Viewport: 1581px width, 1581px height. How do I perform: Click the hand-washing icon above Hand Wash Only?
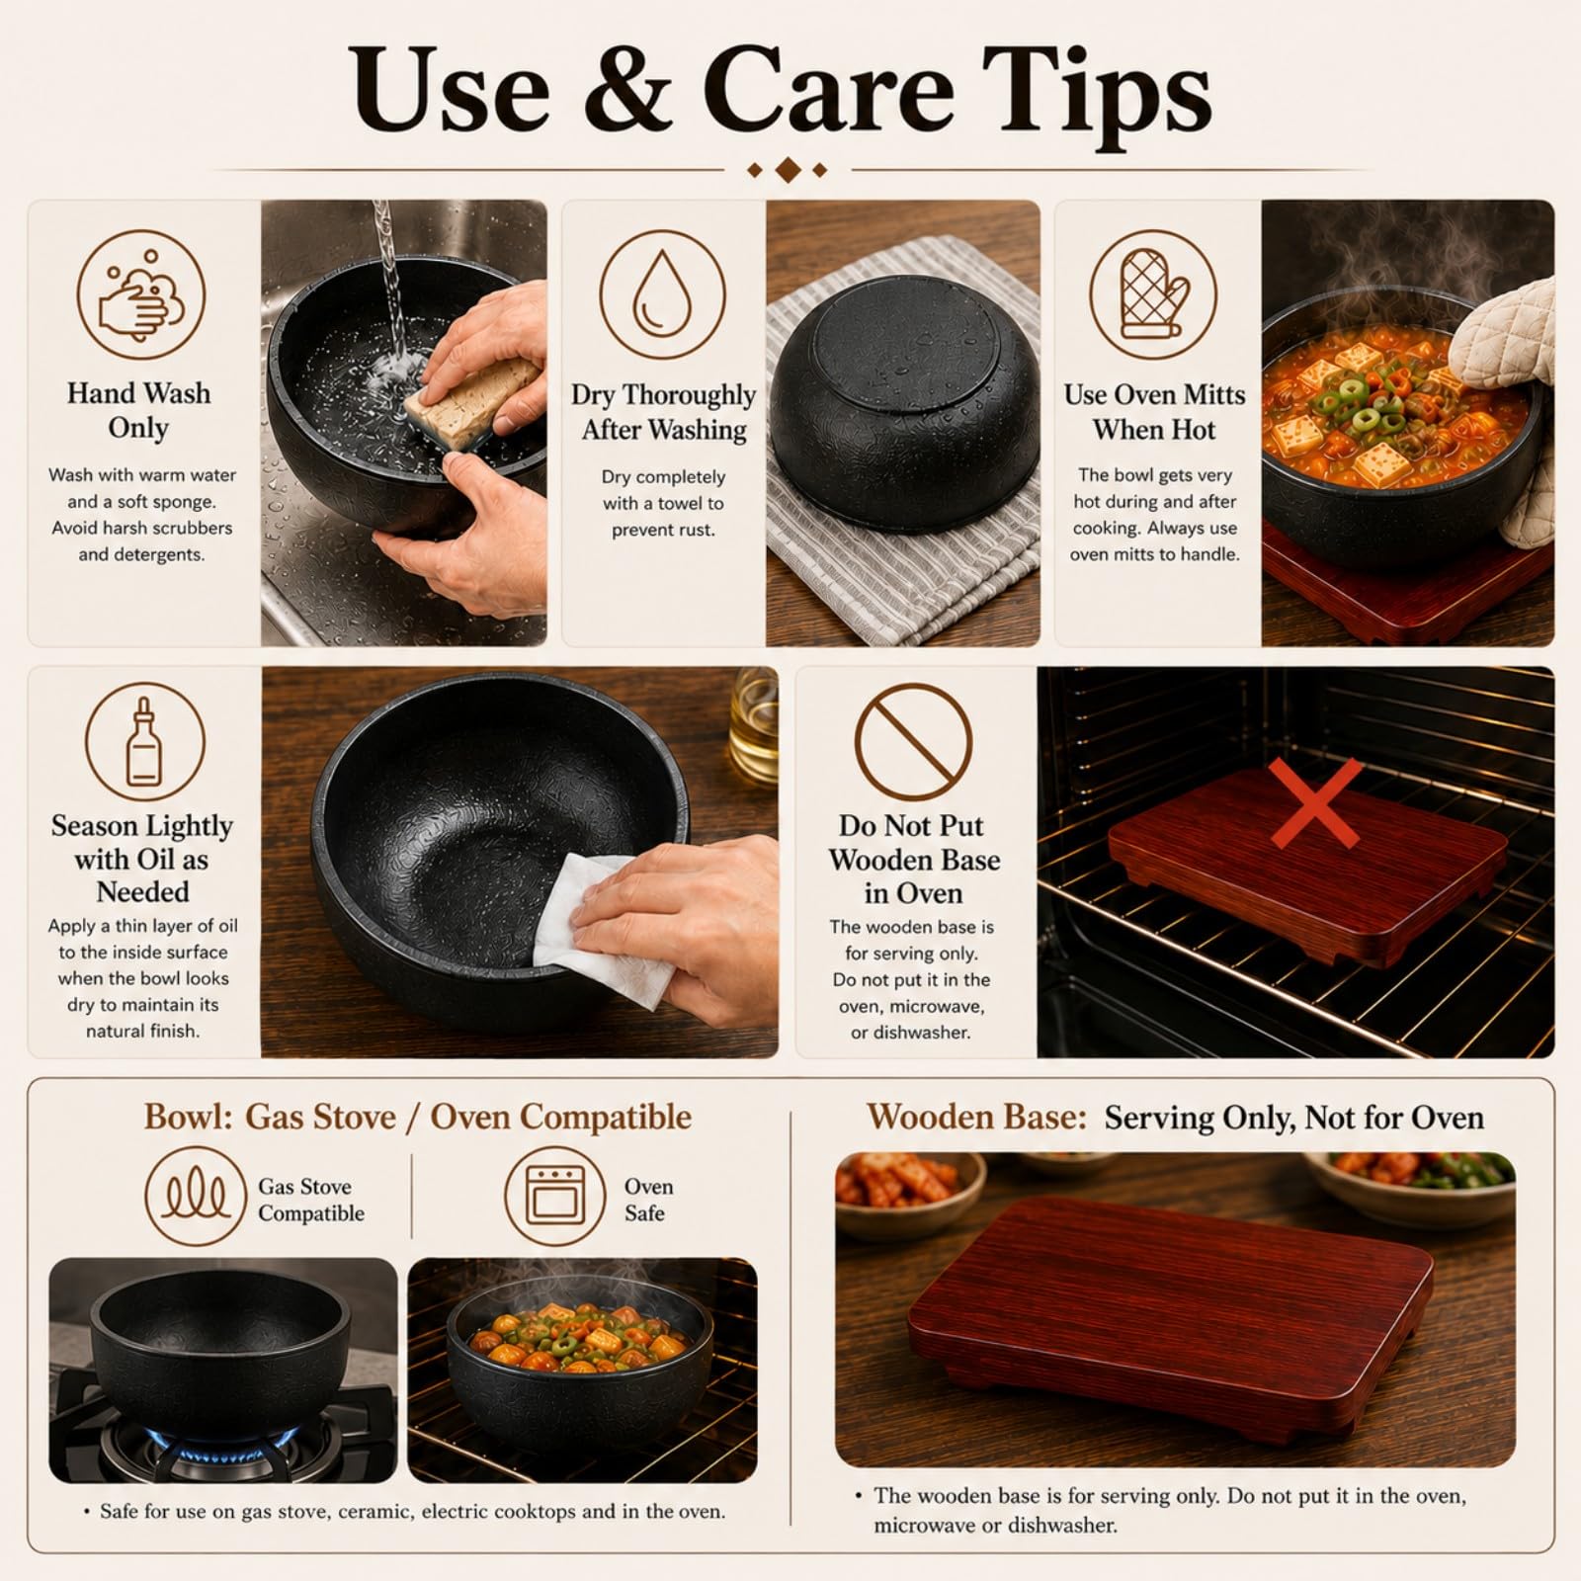[141, 294]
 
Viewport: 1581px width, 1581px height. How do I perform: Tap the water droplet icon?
[663, 294]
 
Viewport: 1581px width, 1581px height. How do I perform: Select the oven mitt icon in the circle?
[1153, 294]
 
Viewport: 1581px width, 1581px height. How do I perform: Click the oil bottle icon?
[144, 742]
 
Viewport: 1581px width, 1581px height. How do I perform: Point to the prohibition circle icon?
[913, 742]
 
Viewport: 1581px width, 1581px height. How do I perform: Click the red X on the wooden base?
[1316, 802]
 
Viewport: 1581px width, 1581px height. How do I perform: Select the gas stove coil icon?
[195, 1197]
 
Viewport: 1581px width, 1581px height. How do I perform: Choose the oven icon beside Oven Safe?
[554, 1197]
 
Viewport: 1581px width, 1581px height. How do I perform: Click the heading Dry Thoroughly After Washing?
[663, 412]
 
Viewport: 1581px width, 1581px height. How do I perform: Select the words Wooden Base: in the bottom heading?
[976, 1117]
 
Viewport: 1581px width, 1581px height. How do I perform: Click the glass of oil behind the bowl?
[755, 726]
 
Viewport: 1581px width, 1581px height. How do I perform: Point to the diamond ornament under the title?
[788, 171]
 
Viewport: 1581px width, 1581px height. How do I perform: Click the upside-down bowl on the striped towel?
[905, 403]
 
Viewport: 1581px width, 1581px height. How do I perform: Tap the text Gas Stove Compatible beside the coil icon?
[311, 1200]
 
